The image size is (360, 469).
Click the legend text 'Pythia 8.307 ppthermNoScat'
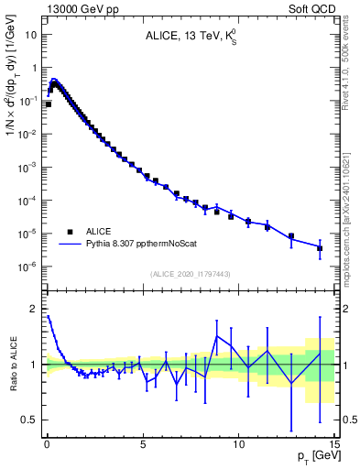[x=143, y=245]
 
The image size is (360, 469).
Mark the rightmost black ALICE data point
[x=320, y=248]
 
